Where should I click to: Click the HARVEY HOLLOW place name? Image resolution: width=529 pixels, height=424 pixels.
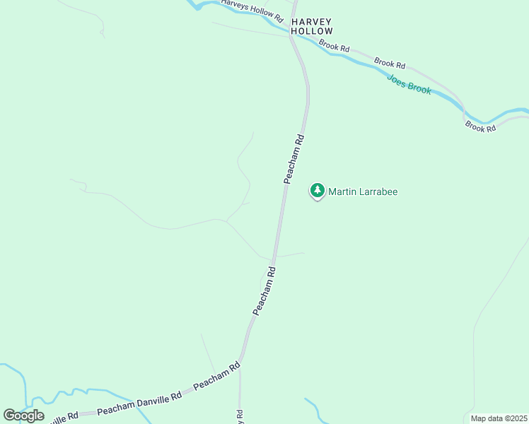click(311, 27)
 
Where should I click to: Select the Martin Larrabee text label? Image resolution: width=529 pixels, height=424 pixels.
click(363, 192)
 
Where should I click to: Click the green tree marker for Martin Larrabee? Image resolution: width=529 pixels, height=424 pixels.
click(318, 190)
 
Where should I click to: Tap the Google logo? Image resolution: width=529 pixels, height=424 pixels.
click(23, 416)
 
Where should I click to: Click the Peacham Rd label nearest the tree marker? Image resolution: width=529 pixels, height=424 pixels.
click(294, 159)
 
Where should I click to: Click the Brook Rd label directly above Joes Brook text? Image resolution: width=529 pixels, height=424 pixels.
click(390, 63)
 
